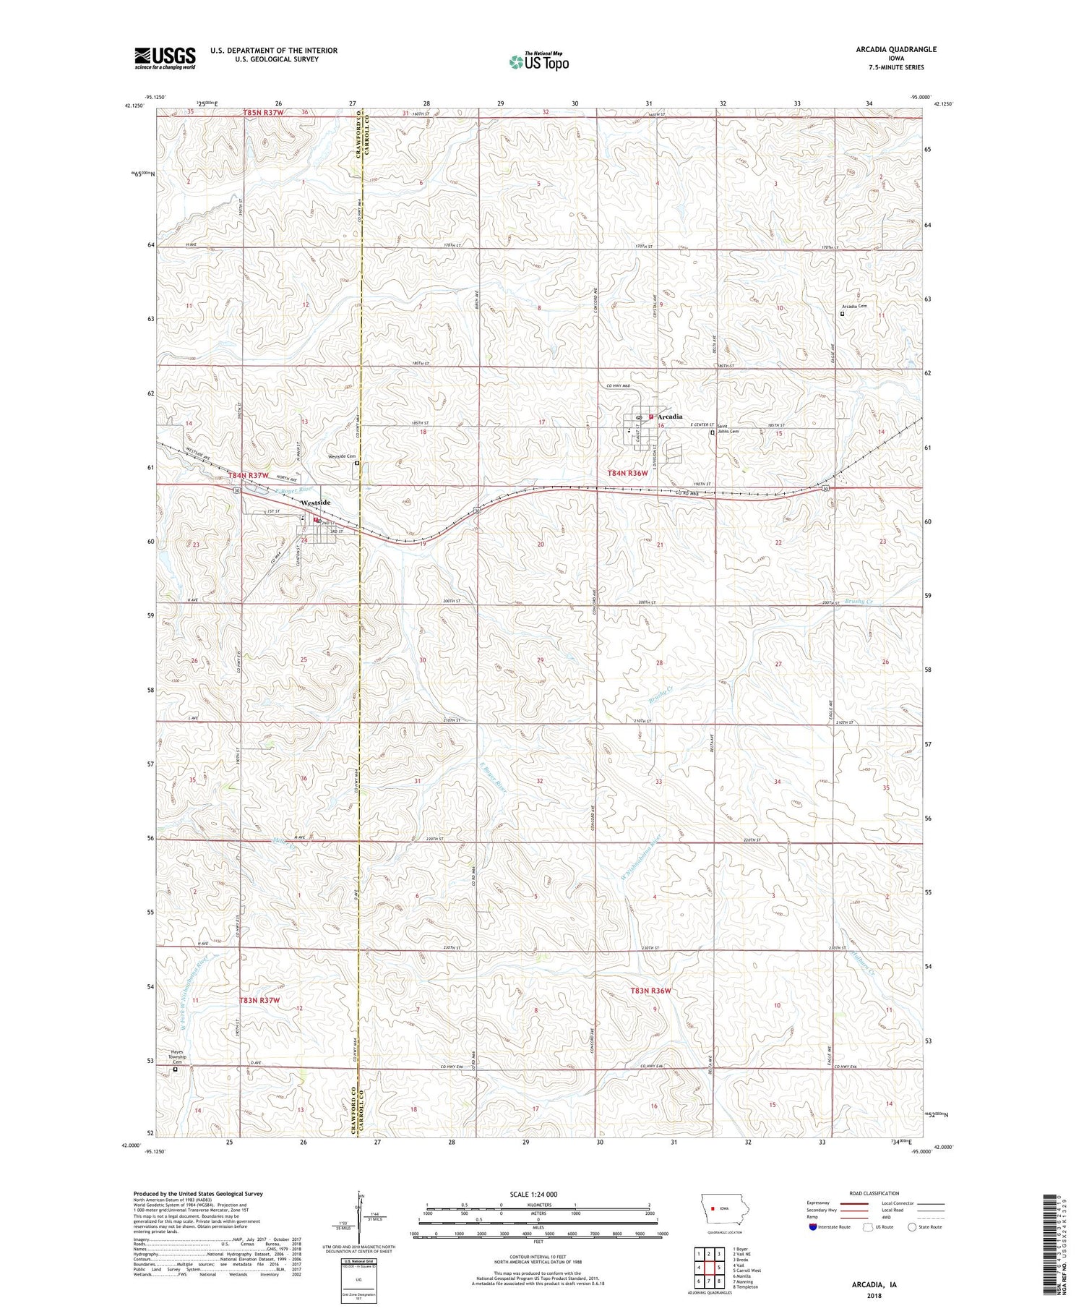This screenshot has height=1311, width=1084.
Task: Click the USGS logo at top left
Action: (x=165, y=58)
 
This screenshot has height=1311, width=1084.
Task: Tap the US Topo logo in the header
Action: (x=538, y=62)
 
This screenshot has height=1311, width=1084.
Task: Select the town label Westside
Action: (x=316, y=503)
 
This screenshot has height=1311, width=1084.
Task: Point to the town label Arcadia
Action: (x=671, y=417)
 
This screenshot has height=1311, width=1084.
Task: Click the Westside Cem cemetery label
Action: (x=342, y=456)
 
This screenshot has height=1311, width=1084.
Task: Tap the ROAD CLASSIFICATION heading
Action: (x=874, y=1193)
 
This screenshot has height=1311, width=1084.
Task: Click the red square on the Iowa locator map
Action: (x=713, y=1208)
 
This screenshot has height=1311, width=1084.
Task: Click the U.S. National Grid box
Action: (x=358, y=1279)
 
